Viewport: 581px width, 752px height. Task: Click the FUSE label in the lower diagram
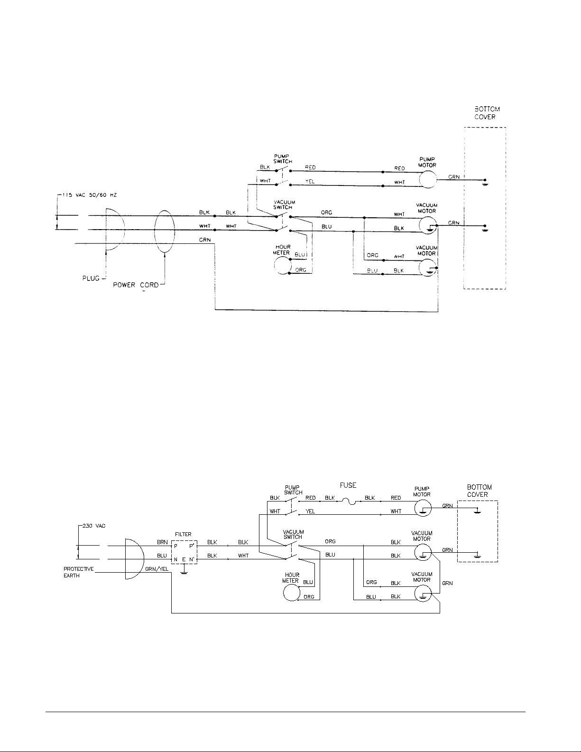348,485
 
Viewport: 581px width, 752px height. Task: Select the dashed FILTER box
184,553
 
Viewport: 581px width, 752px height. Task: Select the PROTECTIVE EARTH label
78,572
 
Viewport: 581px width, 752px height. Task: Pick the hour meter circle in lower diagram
292,593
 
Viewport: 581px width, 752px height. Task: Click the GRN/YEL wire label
157,569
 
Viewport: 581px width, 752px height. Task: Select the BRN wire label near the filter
162,542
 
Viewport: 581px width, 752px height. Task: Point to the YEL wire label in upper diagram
310,181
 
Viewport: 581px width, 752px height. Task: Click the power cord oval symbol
165,230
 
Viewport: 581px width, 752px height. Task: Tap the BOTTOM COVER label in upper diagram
484,113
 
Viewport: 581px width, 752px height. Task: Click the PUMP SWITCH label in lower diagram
293,490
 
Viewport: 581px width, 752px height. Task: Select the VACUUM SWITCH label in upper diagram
284,204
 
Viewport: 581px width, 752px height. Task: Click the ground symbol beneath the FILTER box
184,572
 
